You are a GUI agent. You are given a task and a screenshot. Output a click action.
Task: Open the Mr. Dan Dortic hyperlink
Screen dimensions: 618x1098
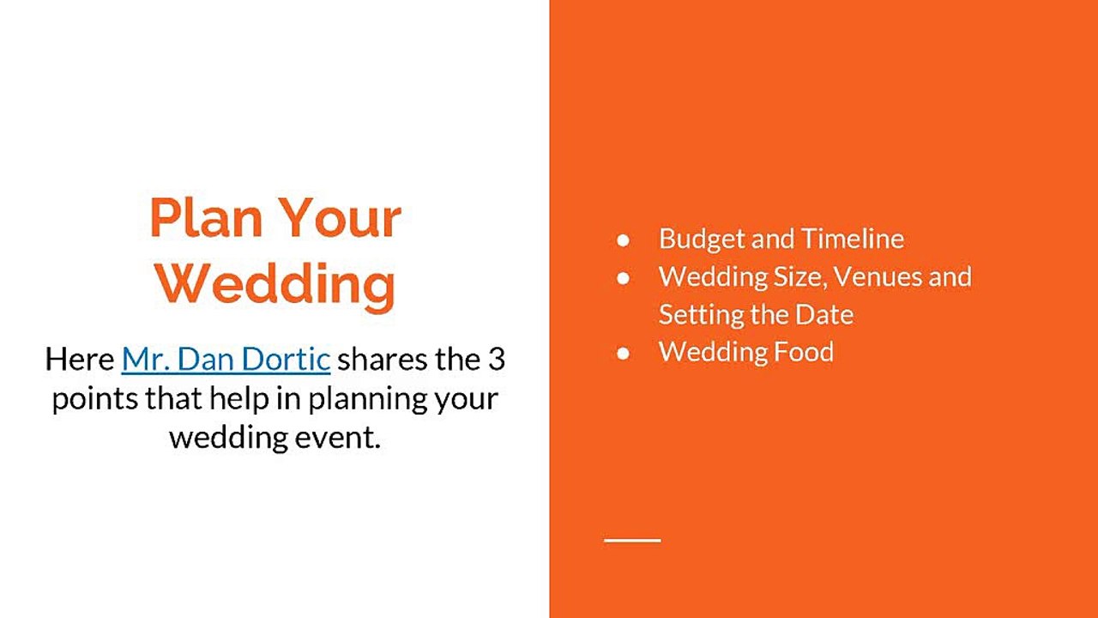click(x=226, y=359)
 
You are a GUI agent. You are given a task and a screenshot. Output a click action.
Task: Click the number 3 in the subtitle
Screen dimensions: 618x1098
click(x=496, y=359)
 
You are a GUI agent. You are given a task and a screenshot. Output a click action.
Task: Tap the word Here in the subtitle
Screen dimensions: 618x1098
click(x=80, y=359)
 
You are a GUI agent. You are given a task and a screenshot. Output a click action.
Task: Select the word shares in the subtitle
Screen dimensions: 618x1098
click(x=381, y=359)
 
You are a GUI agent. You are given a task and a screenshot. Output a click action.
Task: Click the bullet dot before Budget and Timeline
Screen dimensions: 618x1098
click(x=623, y=239)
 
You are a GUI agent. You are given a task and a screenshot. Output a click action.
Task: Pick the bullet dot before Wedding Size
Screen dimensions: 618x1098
click(x=623, y=277)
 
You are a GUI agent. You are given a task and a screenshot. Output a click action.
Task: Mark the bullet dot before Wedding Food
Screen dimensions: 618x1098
click(x=623, y=352)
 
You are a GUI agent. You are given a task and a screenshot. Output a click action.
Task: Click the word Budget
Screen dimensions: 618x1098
click(x=701, y=239)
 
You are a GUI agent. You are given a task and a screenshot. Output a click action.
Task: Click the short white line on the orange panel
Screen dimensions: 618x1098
click(x=632, y=540)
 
